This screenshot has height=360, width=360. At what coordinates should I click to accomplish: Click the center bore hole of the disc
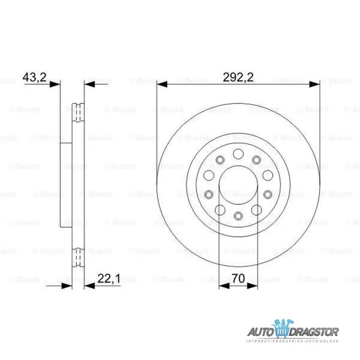click(238, 185)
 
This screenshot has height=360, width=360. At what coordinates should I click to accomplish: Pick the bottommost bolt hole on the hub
click(238, 217)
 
